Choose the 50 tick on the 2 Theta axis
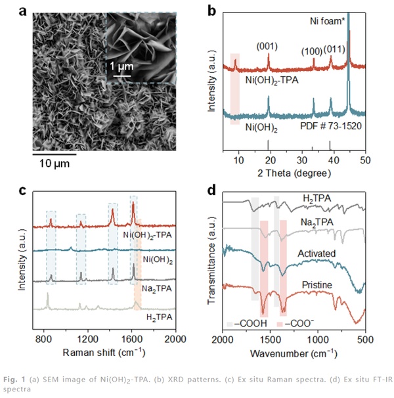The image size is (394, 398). [365, 160]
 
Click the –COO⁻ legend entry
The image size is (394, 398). [297, 324]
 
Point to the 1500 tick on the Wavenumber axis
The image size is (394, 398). [270, 339]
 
